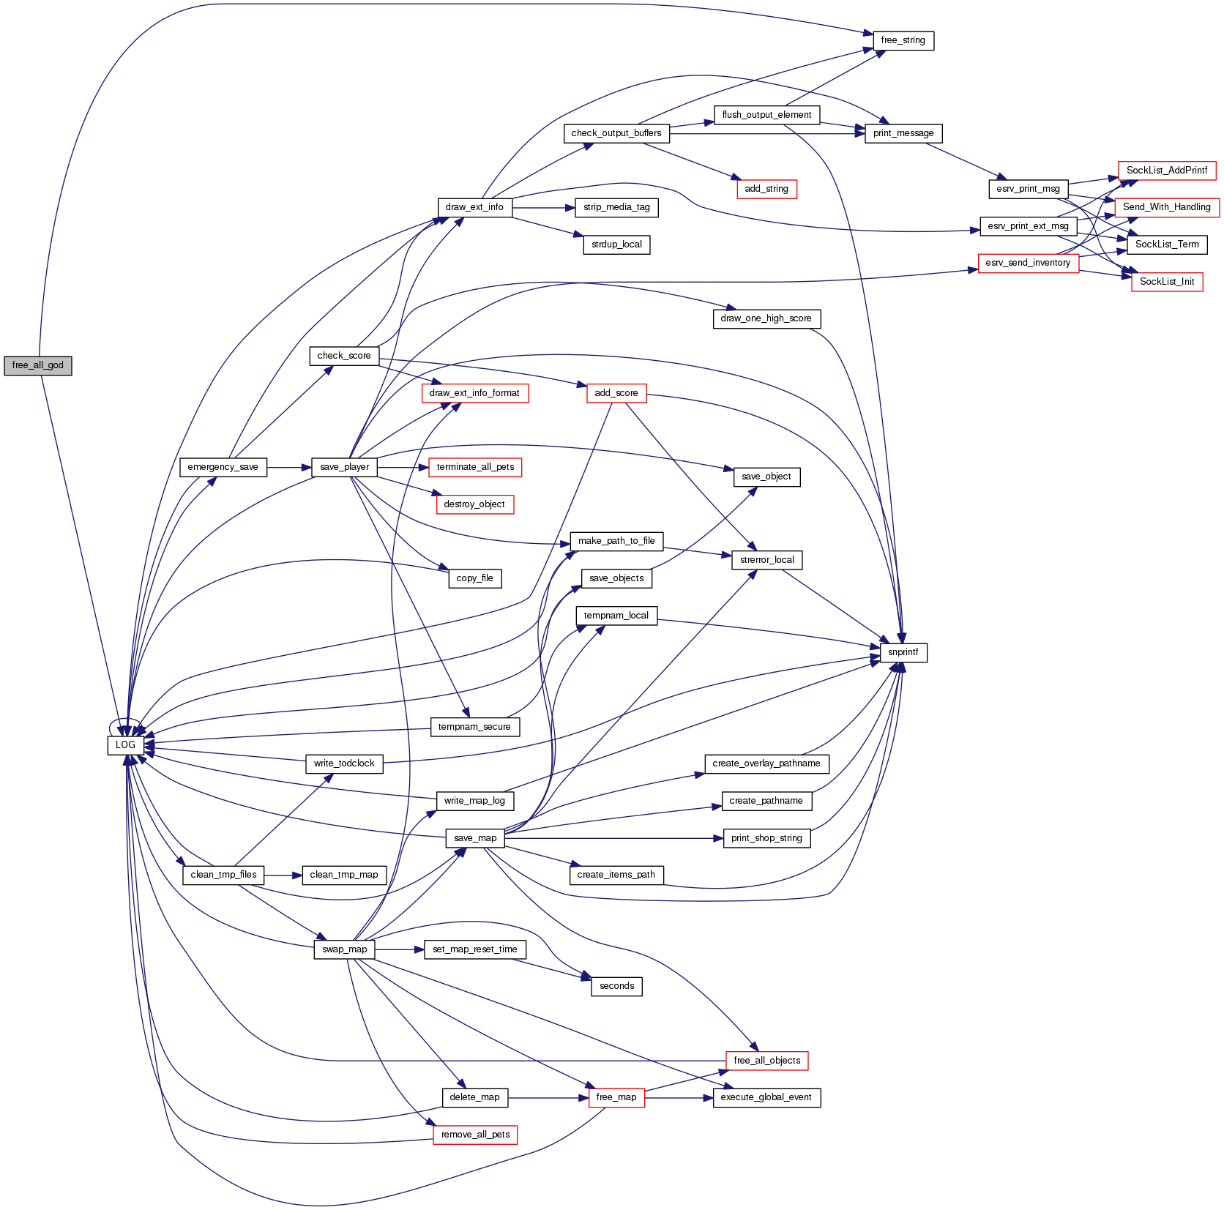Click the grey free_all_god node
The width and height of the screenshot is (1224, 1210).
(x=38, y=365)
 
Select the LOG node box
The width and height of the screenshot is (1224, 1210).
(x=125, y=745)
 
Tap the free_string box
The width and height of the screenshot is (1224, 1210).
(x=903, y=40)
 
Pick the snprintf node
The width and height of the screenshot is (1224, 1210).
(x=903, y=652)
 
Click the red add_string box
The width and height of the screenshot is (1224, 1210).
(x=766, y=189)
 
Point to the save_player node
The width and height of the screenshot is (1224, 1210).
(x=344, y=467)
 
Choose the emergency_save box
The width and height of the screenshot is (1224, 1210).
(x=223, y=467)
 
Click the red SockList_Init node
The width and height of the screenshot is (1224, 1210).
(x=1166, y=282)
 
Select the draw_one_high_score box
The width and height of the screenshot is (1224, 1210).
(x=766, y=318)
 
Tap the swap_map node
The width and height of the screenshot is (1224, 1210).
(x=344, y=949)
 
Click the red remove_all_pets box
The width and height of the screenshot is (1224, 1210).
(x=475, y=1135)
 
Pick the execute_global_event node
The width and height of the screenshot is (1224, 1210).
(x=766, y=1097)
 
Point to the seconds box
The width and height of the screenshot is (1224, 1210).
(x=616, y=986)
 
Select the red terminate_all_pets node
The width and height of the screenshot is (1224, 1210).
(x=475, y=467)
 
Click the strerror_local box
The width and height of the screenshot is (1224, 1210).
(x=766, y=560)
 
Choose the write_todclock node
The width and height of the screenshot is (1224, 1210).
(x=344, y=763)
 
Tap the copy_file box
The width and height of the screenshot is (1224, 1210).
(x=474, y=578)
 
